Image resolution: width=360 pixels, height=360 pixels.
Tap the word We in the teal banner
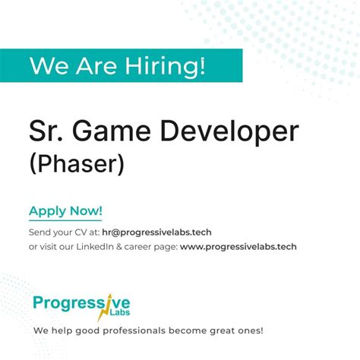coord(46,65)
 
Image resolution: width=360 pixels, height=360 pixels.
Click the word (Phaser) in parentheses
coord(75,164)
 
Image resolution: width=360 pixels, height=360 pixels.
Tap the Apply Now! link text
coord(65,211)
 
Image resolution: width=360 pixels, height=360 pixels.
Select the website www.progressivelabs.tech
coord(238,246)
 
